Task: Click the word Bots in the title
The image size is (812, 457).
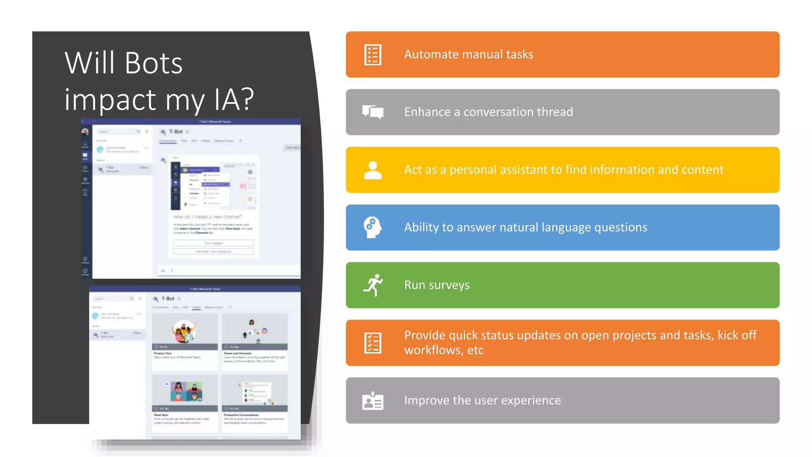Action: [154, 63]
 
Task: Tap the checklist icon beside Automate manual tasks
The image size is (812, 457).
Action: [373, 55]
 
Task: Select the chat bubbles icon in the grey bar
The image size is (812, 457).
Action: [373, 112]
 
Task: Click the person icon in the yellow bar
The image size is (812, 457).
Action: [373, 170]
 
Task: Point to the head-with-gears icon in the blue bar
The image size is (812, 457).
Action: [373, 227]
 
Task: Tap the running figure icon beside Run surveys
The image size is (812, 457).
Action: [373, 285]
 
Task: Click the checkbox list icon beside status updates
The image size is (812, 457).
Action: [373, 343]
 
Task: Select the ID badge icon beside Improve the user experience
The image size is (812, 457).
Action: [373, 401]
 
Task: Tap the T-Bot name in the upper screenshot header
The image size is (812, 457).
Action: [176, 132]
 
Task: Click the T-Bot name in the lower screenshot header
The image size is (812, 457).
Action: [168, 299]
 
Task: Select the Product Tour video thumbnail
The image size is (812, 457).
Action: [185, 332]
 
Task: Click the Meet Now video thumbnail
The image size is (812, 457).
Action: [185, 393]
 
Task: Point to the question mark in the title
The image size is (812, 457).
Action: [247, 99]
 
